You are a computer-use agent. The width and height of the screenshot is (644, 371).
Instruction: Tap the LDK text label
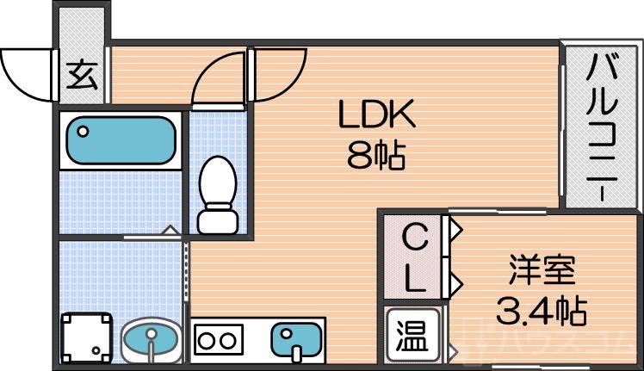(x=376, y=114)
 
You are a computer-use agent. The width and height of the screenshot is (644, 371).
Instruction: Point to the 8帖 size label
(x=376, y=156)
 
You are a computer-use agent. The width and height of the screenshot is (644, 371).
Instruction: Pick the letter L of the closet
(x=414, y=277)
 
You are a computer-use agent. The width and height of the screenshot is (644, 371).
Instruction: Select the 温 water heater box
(x=412, y=333)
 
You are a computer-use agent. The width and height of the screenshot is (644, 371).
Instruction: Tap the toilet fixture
(x=216, y=195)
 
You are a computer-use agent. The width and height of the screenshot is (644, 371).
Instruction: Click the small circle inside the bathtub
(x=84, y=131)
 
